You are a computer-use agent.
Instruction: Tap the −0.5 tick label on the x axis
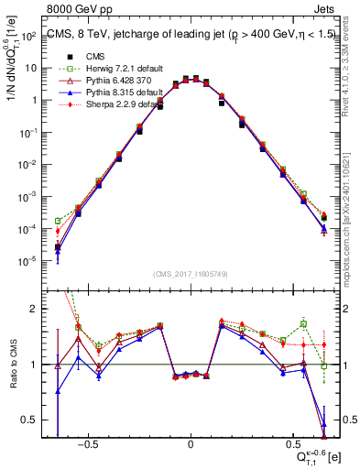pyautogui.click(x=88, y=444)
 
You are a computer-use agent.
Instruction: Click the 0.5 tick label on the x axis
pyautogui.click(x=292, y=444)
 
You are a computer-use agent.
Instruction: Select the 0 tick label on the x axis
pyautogui.click(x=191, y=444)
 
